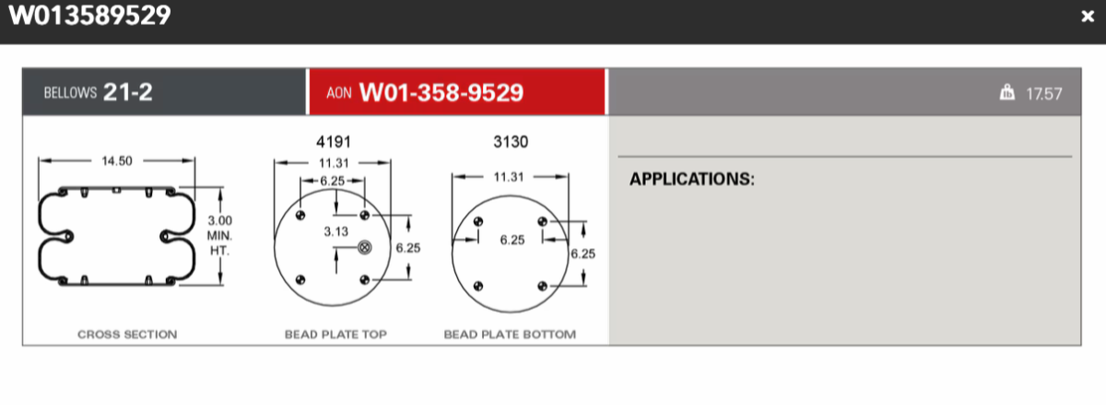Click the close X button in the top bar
(x=1088, y=17)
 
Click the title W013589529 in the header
(x=89, y=16)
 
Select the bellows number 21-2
(x=127, y=93)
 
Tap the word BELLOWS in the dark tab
(x=70, y=94)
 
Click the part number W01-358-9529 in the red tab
(x=441, y=93)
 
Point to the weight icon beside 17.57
(x=1007, y=92)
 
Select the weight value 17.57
(x=1044, y=93)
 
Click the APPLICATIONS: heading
(x=691, y=179)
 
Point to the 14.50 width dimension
(x=116, y=161)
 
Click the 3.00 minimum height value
(x=219, y=220)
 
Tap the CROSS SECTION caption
(x=127, y=334)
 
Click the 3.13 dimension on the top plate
(x=335, y=232)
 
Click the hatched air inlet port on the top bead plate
(x=363, y=247)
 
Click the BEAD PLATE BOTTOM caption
(x=510, y=334)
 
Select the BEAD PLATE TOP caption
(x=335, y=334)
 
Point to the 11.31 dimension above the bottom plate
(x=509, y=176)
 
